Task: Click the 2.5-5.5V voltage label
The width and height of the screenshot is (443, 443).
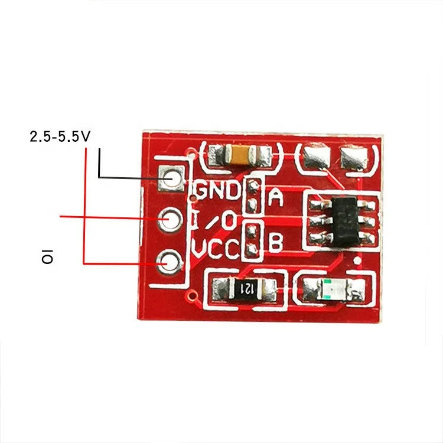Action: pyautogui.click(x=60, y=136)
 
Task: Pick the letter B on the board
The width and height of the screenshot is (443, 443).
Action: pyautogui.click(x=275, y=242)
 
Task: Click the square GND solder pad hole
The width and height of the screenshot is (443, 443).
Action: pyautogui.click(x=172, y=177)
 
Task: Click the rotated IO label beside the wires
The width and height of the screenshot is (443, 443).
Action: pyautogui.click(x=47, y=258)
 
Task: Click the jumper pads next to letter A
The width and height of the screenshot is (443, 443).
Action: pyautogui.click(x=252, y=196)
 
